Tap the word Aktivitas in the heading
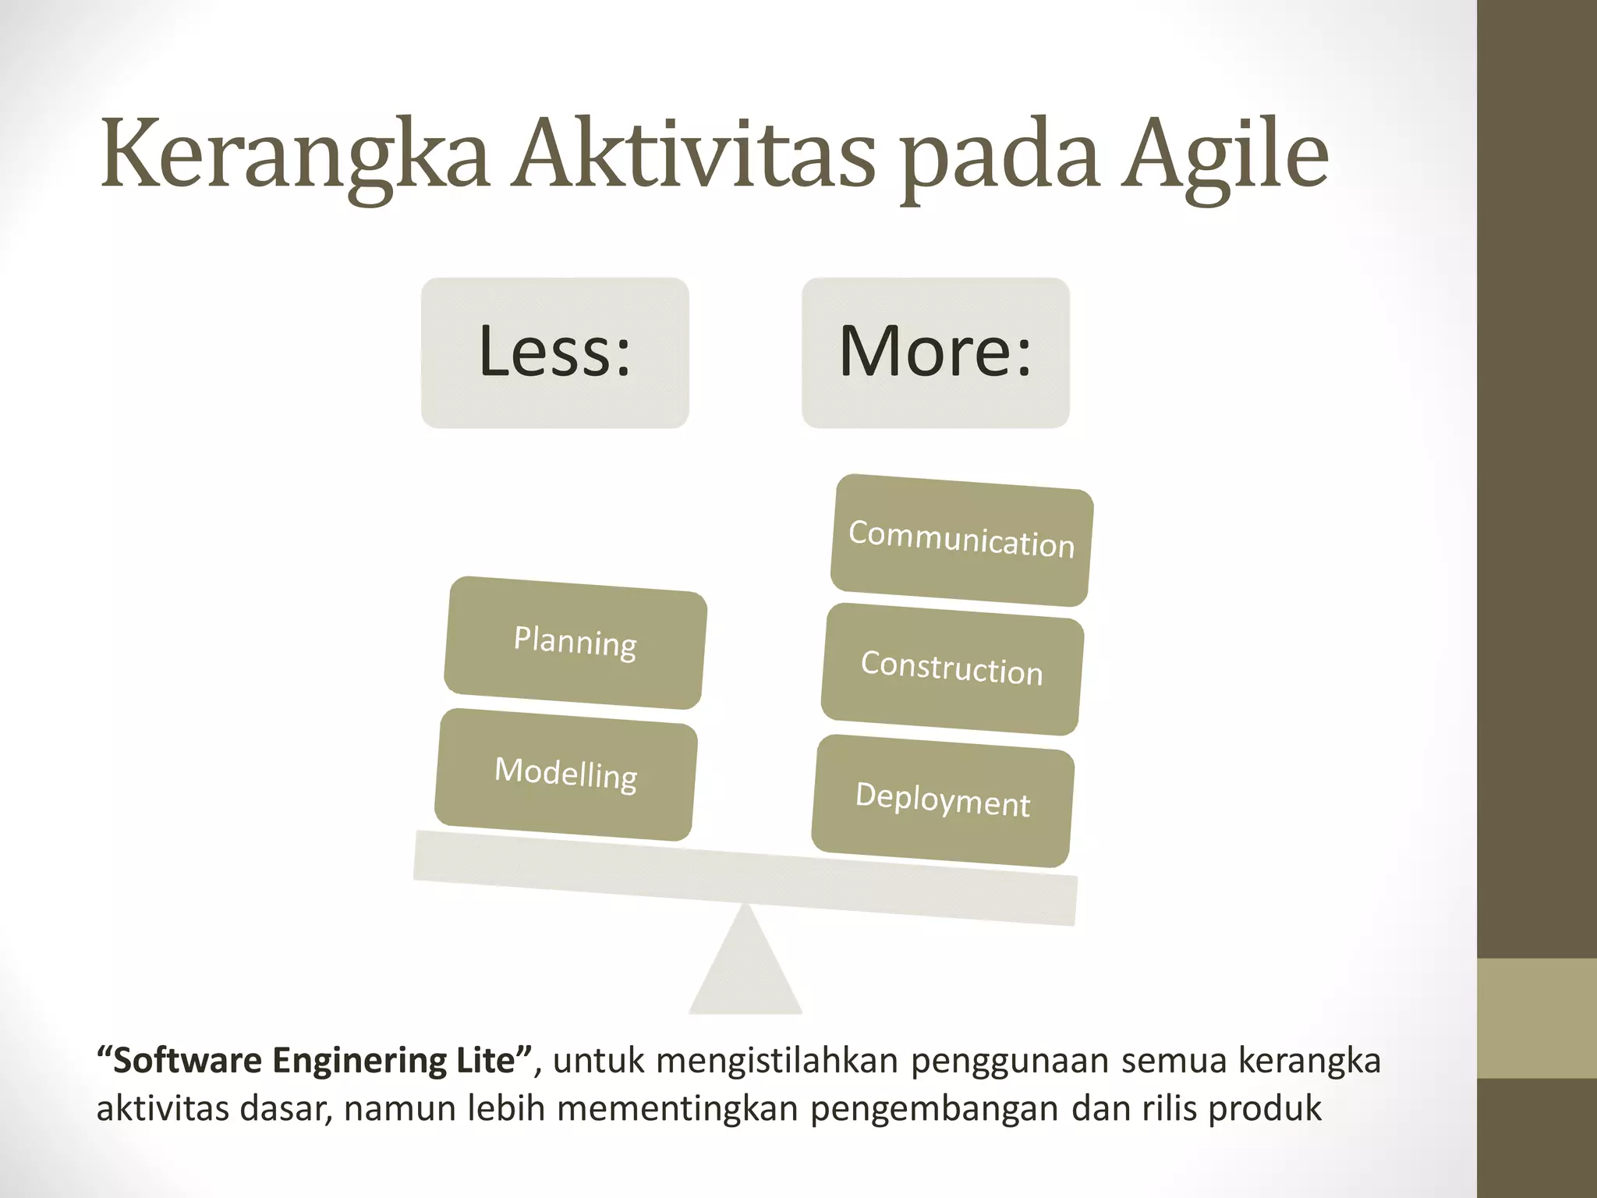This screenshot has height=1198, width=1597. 694,156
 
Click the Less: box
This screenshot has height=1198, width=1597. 554,353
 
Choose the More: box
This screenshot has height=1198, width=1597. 935,353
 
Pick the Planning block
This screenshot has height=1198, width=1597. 575,643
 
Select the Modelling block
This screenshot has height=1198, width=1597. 566,774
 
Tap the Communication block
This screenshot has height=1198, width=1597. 961,540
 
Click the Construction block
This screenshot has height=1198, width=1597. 952,669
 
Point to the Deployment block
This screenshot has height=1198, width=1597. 943,800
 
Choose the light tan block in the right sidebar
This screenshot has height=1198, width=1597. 1537,1018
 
